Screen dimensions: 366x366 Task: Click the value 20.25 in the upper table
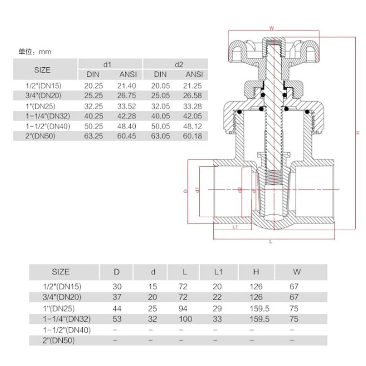coord(93,86)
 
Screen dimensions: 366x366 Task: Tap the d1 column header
coord(108,64)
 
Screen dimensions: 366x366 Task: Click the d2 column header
coord(179,64)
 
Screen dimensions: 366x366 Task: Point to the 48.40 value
coord(127,126)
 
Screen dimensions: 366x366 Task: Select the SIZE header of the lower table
coord(60,272)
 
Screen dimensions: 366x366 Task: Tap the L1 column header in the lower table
coord(219,272)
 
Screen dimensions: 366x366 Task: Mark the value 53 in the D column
coord(117,319)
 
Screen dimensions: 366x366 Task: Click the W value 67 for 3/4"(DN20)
coord(295,297)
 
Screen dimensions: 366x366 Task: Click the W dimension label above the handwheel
coord(272,28)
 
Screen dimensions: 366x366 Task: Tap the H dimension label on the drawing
coord(357,133)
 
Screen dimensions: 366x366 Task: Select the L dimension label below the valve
coord(271,242)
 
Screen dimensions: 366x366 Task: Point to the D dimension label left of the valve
coord(185,191)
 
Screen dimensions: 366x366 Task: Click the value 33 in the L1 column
coord(217,319)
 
